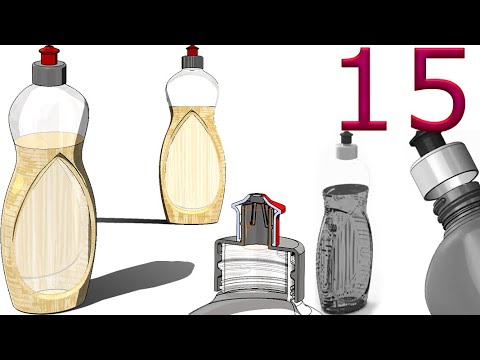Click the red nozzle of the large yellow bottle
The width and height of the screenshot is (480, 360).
click(x=49, y=55)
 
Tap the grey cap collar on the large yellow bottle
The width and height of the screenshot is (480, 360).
click(x=49, y=73)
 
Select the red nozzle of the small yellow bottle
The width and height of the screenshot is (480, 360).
click(x=192, y=51)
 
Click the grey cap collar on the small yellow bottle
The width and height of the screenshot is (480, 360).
click(x=192, y=62)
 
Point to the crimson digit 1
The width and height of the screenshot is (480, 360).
click(x=362, y=89)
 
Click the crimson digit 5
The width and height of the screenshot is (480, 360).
click(x=437, y=89)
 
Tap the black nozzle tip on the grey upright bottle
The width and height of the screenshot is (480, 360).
click(x=346, y=138)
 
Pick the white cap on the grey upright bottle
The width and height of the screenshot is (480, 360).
click(x=347, y=151)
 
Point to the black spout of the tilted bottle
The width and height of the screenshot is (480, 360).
click(x=421, y=142)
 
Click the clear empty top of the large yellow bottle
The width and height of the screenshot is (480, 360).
click(x=49, y=110)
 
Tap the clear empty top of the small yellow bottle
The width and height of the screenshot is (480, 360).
click(x=192, y=87)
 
